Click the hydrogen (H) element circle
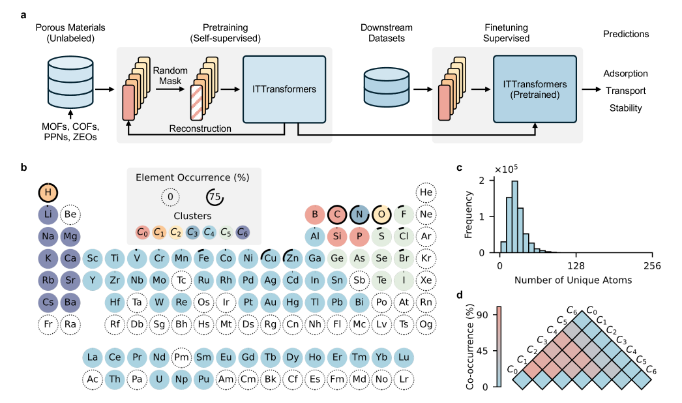pyautogui.click(x=48, y=193)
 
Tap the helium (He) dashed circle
pyautogui.click(x=426, y=193)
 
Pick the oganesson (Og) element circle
pyautogui.click(x=426, y=323)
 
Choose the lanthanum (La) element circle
pyautogui.click(x=93, y=357)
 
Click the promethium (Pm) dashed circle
pyautogui.click(x=181, y=357)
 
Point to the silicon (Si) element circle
pyautogui.click(x=337, y=236)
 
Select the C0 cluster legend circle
pyautogui.click(x=142, y=231)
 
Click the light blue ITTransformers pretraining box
pyautogui.click(x=284, y=89)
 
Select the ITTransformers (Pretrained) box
pyautogui.click(x=535, y=89)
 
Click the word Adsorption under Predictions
pyautogui.click(x=625, y=73)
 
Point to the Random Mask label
pyautogui.click(x=171, y=76)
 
